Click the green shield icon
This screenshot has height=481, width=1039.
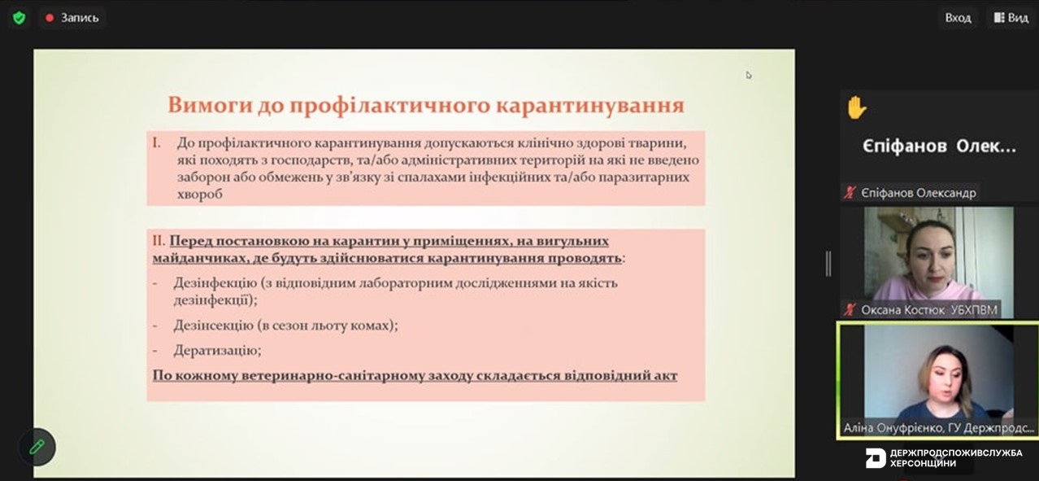click(x=19, y=18)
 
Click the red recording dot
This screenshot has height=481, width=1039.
click(x=50, y=18)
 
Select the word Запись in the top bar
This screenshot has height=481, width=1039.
click(x=80, y=18)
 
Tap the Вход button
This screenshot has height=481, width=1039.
click(x=958, y=18)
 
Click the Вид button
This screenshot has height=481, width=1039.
click(x=1011, y=18)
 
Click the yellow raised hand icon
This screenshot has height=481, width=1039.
click(x=856, y=107)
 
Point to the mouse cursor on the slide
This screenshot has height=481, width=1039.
click(x=749, y=75)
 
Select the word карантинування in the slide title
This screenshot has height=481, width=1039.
click(x=590, y=105)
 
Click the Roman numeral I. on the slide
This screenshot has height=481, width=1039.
click(x=157, y=143)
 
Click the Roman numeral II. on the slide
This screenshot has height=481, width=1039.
click(x=159, y=241)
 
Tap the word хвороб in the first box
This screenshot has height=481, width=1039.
click(x=199, y=194)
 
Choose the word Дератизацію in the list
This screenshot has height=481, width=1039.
click(x=217, y=350)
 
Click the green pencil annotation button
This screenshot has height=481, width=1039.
click(x=37, y=447)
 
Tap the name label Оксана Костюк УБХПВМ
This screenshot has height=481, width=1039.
click(x=929, y=310)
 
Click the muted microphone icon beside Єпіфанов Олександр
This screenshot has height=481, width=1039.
click(x=850, y=193)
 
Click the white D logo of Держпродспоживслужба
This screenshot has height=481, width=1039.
click(x=876, y=458)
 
